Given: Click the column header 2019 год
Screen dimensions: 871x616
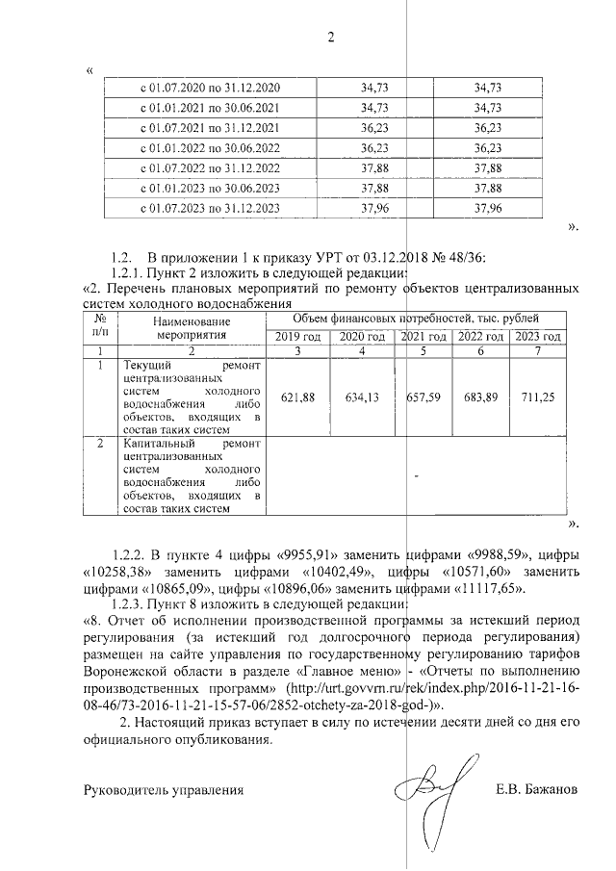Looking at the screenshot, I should [x=297, y=337].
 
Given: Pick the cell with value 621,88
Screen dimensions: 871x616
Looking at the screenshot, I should [x=297, y=397].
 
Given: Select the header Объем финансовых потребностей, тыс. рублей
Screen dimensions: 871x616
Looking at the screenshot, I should [x=415, y=318].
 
